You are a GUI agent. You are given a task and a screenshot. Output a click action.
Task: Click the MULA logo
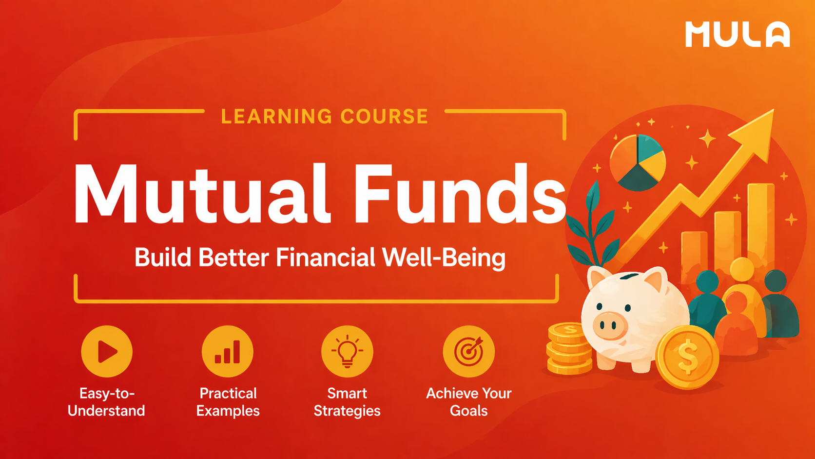tap(737, 35)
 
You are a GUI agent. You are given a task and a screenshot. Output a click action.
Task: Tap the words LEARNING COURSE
tap(325, 117)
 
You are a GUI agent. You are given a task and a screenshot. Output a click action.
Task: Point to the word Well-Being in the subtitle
tap(444, 258)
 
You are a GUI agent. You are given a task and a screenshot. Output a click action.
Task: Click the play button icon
tap(107, 351)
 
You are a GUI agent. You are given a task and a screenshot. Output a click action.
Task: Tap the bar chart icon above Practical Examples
tap(228, 351)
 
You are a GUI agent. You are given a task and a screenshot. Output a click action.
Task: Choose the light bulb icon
tap(347, 351)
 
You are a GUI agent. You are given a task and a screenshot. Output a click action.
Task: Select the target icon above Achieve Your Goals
tap(468, 351)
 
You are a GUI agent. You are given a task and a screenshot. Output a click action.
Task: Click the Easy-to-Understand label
tap(106, 402)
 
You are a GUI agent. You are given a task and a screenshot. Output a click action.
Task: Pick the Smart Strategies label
tap(347, 402)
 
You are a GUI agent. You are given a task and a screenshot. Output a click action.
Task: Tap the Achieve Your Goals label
tap(468, 402)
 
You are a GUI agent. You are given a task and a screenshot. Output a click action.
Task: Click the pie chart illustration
tap(638, 162)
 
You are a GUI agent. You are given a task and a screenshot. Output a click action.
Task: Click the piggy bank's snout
tap(610, 324)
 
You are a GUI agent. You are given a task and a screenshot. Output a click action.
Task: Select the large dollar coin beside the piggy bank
tap(687, 358)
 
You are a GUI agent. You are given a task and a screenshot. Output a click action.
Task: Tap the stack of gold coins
tap(568, 349)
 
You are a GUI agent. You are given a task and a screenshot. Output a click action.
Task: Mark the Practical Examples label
tap(228, 402)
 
